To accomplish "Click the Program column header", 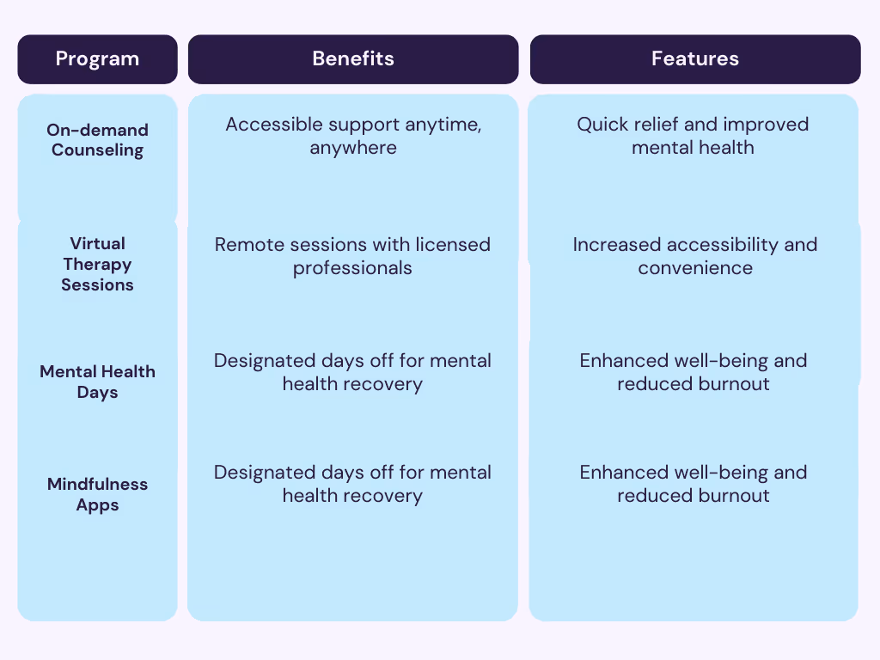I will [x=97, y=58].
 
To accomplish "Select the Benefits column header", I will [x=352, y=58].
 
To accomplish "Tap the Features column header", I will [x=694, y=58].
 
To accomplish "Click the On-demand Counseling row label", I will [x=97, y=140].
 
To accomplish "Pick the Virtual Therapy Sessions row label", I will [x=97, y=264].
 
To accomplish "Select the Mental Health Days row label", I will [x=97, y=382].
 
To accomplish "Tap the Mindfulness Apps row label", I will [x=97, y=494].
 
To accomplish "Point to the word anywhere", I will [x=352, y=148].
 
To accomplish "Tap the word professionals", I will [x=352, y=268].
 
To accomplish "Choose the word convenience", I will [x=694, y=268].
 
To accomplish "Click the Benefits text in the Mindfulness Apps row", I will [x=352, y=484].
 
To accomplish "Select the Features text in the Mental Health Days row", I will [x=694, y=372].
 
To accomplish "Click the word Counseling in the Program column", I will [x=97, y=150].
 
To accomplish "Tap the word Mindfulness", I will [x=97, y=484].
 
